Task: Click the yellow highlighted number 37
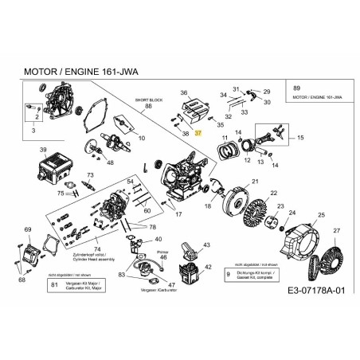[x=198, y=135]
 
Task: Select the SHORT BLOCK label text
[x=148, y=101]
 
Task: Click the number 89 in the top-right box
[x=297, y=86]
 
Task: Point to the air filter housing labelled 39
[x=53, y=170]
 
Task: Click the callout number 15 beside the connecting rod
[x=299, y=138]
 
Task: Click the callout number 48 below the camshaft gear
[x=110, y=163]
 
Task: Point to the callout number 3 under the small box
[x=33, y=128]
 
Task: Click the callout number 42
[x=207, y=268]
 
